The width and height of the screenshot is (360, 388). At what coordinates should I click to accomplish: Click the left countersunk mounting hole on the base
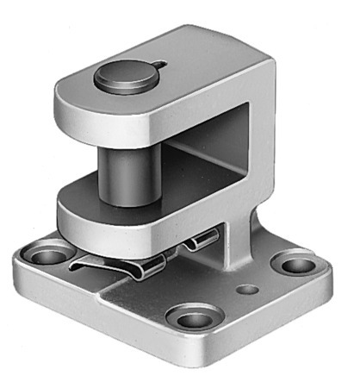(44, 256)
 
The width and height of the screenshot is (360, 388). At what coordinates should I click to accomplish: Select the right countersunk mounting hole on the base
(295, 264)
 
